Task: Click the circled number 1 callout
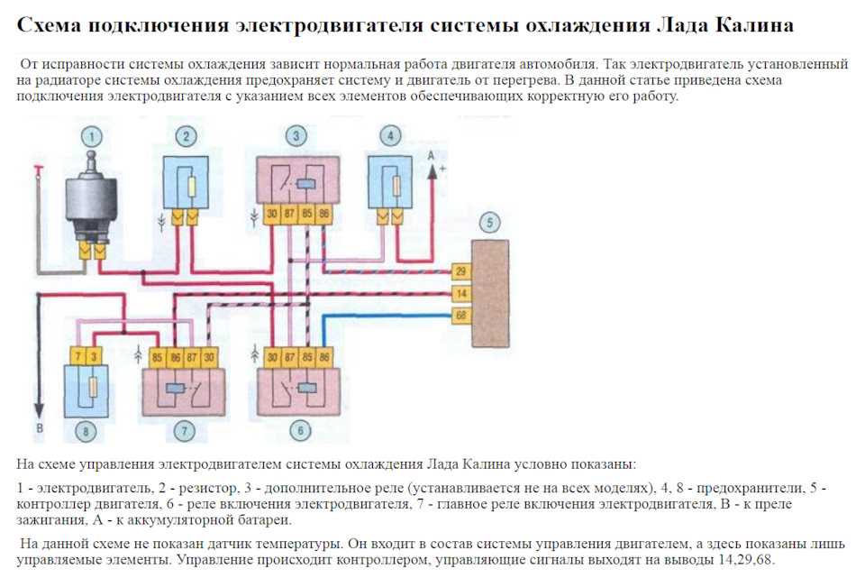(x=92, y=136)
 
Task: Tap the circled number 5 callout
(x=488, y=223)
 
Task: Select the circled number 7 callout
(x=184, y=431)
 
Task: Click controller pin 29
(x=460, y=271)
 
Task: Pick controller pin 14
(x=460, y=293)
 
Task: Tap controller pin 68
(x=460, y=316)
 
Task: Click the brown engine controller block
(x=490, y=294)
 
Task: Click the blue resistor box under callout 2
(x=186, y=183)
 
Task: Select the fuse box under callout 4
(x=390, y=183)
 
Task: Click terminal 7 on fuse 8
(x=77, y=356)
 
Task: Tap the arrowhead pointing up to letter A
(x=432, y=171)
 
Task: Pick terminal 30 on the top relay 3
(x=271, y=215)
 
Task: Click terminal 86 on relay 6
(x=324, y=357)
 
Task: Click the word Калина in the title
(x=755, y=25)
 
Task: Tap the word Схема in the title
(x=48, y=25)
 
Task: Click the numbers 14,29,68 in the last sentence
(x=745, y=560)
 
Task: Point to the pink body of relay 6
(x=298, y=392)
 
